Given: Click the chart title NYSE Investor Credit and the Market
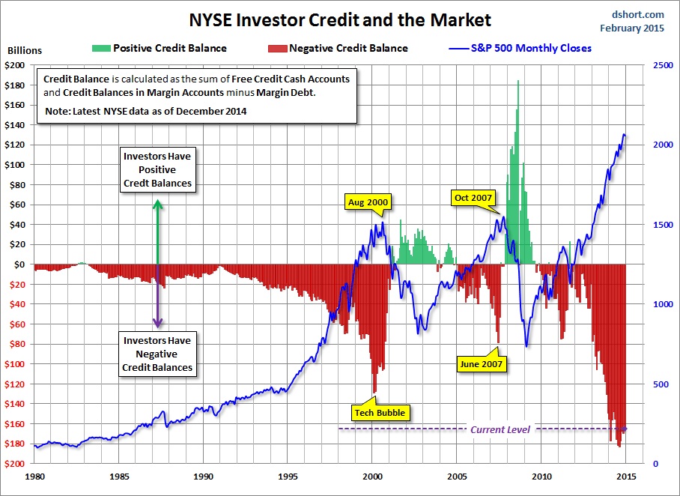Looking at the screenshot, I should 341,19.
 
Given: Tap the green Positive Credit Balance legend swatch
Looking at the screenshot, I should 100,48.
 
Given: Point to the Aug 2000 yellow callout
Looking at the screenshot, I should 368,202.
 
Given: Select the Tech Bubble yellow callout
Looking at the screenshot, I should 381,412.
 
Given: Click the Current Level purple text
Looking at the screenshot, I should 500,429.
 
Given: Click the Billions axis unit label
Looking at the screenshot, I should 25,51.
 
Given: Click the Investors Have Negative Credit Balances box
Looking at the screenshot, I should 157,354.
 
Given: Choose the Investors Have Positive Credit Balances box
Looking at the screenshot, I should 157,170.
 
